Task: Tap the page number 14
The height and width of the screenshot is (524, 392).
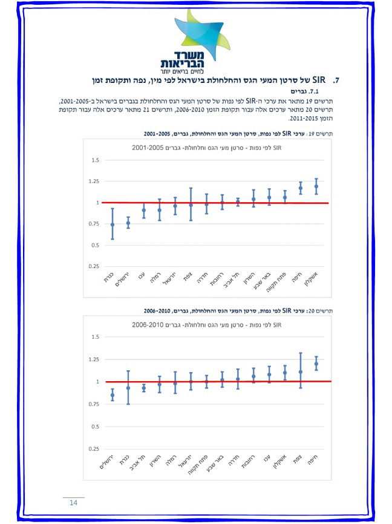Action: (x=74, y=503)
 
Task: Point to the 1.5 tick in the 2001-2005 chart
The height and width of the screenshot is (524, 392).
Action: (x=94, y=160)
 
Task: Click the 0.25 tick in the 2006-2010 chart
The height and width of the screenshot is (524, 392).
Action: (x=94, y=449)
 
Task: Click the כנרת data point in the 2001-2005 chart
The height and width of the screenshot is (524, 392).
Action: (x=113, y=224)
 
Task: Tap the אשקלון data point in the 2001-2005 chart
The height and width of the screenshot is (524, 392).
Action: (x=316, y=186)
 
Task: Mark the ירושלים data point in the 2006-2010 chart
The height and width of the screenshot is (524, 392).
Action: (x=113, y=395)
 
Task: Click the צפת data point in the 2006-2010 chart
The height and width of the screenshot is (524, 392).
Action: (x=301, y=372)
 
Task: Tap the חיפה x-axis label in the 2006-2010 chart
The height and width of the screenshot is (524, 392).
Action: (x=314, y=457)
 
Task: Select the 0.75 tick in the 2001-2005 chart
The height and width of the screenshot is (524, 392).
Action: (x=94, y=224)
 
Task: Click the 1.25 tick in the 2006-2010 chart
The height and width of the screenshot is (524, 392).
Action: (x=94, y=359)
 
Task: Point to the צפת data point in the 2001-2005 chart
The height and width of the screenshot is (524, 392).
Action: (x=191, y=205)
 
